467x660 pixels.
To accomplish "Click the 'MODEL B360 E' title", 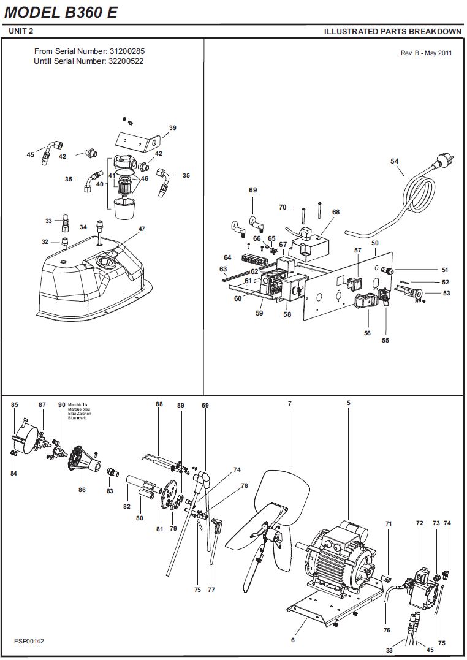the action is [61, 12].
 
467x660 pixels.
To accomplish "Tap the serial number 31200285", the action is [127, 51].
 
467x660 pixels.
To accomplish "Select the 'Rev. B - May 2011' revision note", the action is [426, 53].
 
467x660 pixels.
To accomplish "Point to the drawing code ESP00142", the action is [29, 641].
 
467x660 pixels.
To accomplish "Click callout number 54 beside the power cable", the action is [394, 161].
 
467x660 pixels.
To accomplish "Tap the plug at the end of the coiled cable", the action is [444, 160].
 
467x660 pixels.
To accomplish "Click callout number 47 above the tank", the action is [142, 229].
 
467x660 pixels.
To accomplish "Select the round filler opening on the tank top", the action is [104, 262].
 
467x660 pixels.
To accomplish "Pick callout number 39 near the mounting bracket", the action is [173, 128].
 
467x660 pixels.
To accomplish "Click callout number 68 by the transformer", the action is [336, 212].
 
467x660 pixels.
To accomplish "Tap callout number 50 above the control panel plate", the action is [375, 243].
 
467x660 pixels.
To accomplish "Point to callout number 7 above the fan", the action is [290, 404].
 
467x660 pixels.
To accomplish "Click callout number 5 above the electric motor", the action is [349, 403].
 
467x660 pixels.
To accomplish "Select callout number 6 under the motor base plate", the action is [293, 640].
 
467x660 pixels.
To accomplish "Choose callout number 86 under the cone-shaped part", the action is [82, 490].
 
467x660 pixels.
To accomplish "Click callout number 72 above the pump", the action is [419, 523].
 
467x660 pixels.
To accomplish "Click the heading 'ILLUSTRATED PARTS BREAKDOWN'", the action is [392, 32].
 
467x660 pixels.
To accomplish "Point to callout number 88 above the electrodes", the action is [159, 404].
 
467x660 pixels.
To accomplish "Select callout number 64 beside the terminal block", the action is [227, 257].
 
